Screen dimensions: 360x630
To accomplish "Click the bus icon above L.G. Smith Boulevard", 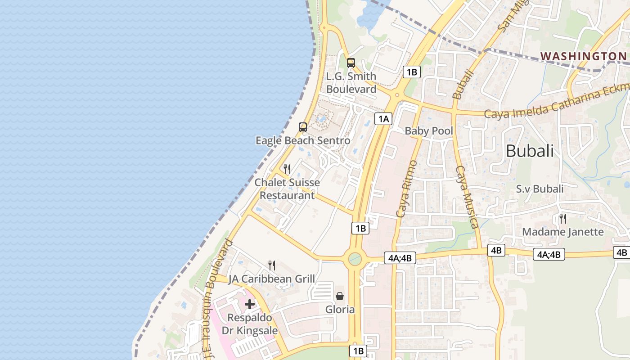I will [351, 63].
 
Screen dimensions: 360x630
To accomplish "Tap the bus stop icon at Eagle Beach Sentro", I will [303, 127].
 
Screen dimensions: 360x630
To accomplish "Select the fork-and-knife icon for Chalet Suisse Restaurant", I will [287, 169].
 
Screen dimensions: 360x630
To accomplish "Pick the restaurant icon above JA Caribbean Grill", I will [271, 265].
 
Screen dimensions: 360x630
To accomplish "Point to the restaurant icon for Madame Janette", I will [562, 219].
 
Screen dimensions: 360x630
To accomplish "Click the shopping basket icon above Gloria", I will [340, 296].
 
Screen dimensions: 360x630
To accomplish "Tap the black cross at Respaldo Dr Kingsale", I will [250, 304].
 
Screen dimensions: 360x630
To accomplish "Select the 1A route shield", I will [383, 119].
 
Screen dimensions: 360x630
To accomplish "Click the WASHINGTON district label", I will [583, 56].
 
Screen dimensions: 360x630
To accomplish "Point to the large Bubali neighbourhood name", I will [530, 151].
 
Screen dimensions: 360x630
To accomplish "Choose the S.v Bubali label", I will [540, 189].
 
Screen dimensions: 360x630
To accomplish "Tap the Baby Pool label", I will [429, 131].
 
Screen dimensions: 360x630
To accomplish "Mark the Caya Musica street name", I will [467, 197].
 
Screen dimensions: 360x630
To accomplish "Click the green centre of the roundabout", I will [355, 259].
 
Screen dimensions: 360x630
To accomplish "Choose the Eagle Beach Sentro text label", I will [303, 140].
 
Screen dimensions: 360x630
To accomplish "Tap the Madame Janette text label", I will [562, 232].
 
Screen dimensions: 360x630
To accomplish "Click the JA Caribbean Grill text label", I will [271, 279].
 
